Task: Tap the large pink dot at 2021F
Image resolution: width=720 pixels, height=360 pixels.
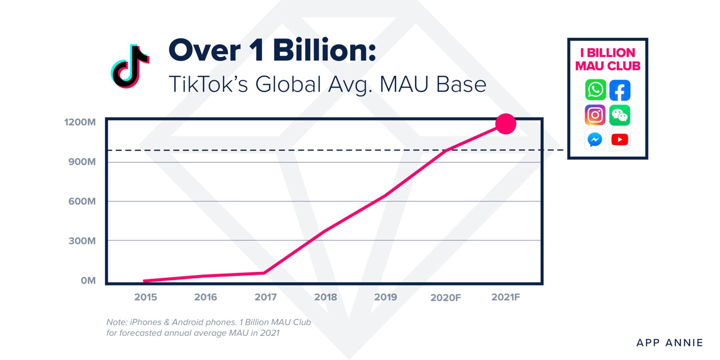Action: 506,124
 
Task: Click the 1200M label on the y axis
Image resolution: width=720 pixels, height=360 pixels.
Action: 80,122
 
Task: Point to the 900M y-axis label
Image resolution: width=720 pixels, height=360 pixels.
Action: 82,162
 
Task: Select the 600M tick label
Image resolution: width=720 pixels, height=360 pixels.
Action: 82,201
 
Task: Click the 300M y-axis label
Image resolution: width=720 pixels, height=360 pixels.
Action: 82,241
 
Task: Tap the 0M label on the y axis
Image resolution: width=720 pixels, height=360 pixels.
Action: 88,280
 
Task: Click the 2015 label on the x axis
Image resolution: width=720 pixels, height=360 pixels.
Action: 146,297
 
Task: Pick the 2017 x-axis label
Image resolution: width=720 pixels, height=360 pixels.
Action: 266,297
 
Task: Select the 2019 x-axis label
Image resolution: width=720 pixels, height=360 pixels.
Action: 386,297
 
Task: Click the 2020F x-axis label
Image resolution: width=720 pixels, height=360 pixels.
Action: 446,297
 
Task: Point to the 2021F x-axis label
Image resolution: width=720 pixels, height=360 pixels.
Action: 506,297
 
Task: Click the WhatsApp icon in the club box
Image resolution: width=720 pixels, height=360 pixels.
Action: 596,90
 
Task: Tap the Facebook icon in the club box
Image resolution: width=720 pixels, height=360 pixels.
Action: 620,90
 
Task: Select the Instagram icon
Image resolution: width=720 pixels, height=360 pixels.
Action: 595,115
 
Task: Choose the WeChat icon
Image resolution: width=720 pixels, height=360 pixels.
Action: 620,115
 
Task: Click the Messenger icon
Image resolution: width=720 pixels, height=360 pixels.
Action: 595,139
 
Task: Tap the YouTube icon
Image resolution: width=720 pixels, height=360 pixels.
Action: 620,139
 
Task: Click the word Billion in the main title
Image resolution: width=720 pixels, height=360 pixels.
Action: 324,51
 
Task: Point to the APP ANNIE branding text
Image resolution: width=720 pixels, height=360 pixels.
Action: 669,343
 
